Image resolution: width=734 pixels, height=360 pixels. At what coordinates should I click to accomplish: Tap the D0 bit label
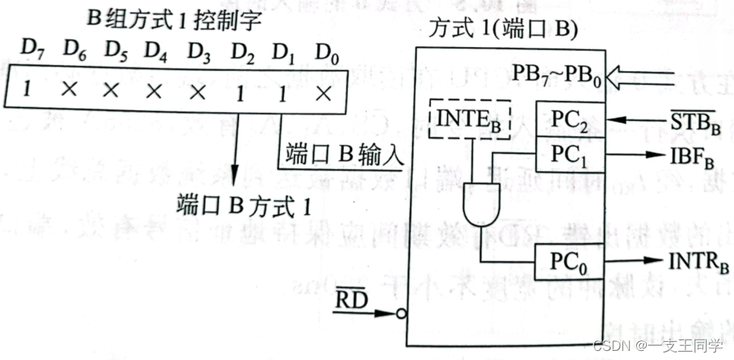coord(325,52)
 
